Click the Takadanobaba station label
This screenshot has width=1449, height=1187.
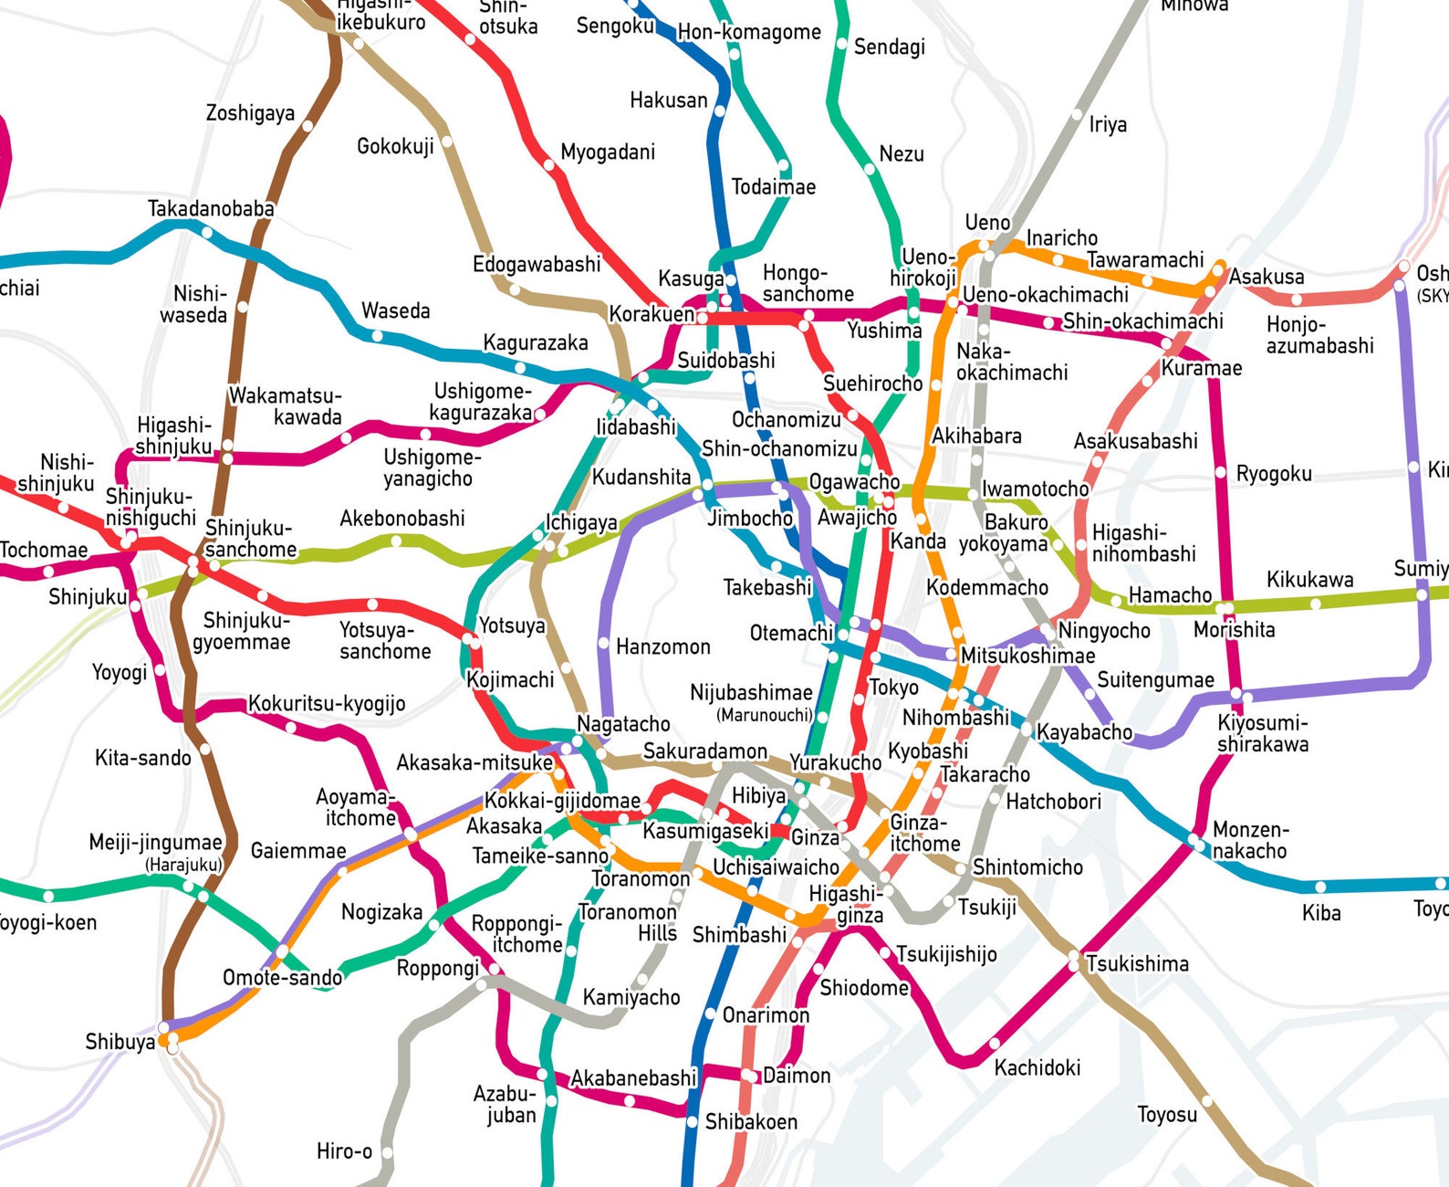click(211, 209)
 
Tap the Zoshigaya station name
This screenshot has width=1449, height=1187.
click(250, 113)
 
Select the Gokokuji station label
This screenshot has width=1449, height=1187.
click(395, 146)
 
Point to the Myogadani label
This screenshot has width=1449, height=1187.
click(607, 152)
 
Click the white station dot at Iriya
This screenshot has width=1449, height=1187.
click(1078, 115)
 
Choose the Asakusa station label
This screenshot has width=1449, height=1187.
click(1267, 277)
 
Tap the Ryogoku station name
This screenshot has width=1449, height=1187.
click(1274, 474)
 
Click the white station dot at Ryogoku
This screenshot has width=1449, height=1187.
click(1221, 472)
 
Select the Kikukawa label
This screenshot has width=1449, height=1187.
click(1309, 580)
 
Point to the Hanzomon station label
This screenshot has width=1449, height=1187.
click(662, 647)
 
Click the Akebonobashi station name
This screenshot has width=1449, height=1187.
click(402, 519)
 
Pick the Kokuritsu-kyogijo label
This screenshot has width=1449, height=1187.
click(327, 704)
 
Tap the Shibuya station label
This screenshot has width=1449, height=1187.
click(120, 1042)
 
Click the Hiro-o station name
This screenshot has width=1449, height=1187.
click(344, 1151)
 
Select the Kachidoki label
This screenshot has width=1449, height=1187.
click(1037, 1067)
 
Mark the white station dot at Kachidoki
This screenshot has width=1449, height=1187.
click(995, 1043)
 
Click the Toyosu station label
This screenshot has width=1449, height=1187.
click(1167, 1115)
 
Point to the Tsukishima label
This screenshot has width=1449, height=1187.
click(1137, 964)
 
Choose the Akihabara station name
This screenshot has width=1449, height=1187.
click(976, 436)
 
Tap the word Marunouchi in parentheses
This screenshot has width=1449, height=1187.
click(764, 715)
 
